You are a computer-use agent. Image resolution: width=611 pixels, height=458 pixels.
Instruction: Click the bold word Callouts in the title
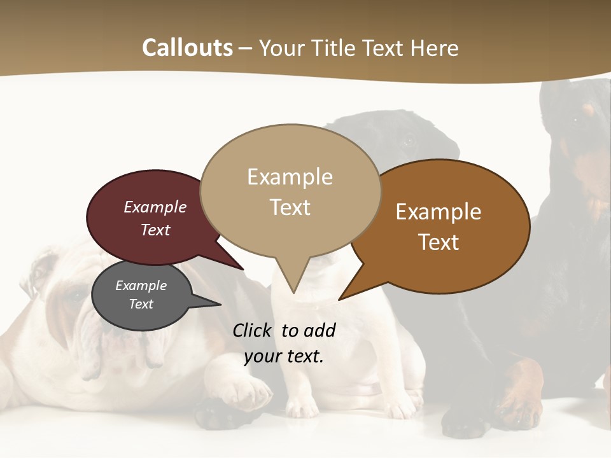pyautogui.click(x=187, y=48)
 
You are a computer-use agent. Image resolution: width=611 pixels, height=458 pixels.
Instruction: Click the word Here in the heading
pyautogui.click(x=435, y=48)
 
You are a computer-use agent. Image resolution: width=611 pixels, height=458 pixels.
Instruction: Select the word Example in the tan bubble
pyautogui.click(x=290, y=177)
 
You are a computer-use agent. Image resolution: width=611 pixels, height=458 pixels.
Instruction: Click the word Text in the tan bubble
pyautogui.click(x=290, y=207)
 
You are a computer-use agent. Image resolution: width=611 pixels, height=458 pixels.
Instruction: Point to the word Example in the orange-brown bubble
pyautogui.click(x=439, y=212)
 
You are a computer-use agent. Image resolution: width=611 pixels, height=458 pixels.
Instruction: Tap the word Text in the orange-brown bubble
pyautogui.click(x=439, y=242)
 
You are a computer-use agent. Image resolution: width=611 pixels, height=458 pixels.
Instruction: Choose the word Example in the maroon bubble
pyautogui.click(x=155, y=207)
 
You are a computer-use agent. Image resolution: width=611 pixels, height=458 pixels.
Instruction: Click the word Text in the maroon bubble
pyautogui.click(x=155, y=230)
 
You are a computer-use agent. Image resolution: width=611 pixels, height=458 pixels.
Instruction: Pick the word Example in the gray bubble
pyautogui.click(x=141, y=286)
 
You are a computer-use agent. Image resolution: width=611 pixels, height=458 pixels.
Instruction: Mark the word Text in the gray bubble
pyautogui.click(x=141, y=304)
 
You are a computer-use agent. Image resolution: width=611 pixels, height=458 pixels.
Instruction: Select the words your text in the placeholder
pyautogui.click(x=283, y=356)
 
